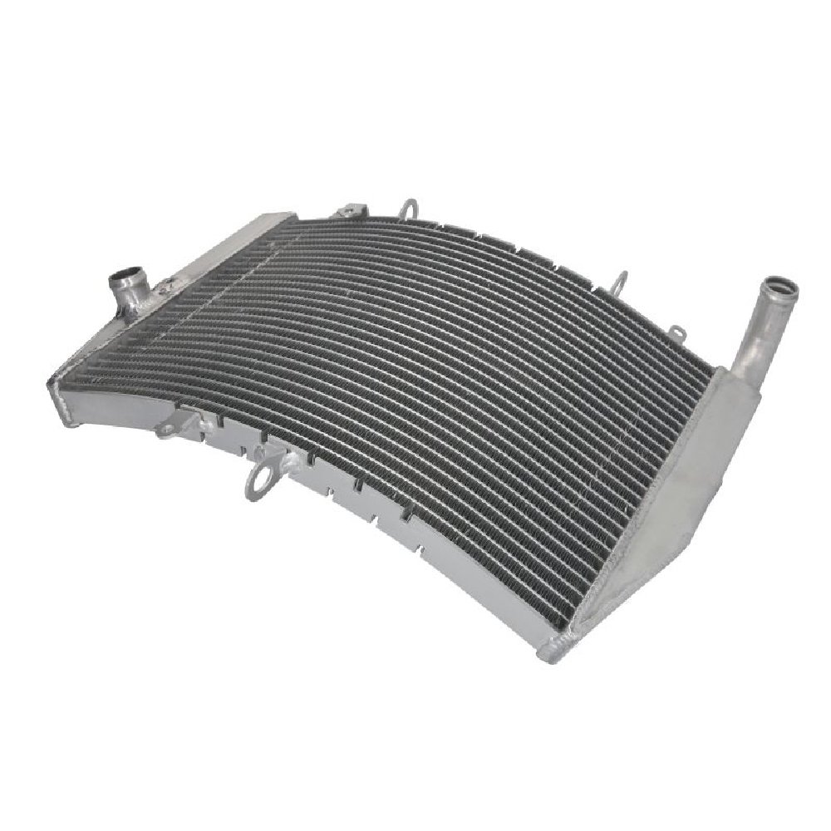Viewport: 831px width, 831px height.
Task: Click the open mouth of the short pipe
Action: tap(125, 273)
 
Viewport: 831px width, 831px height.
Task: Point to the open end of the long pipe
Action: tap(781, 289)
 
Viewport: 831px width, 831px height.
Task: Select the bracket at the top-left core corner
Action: tap(349, 211)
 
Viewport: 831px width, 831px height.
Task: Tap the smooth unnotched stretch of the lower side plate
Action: tap(465, 582)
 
